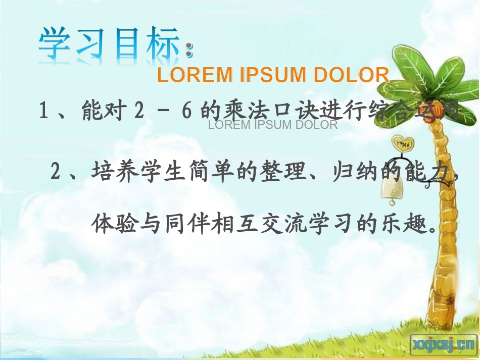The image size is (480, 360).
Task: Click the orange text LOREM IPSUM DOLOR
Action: [273, 75]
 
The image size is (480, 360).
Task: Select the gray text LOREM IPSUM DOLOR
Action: [273, 125]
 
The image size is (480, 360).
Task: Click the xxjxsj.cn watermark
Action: [441, 344]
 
